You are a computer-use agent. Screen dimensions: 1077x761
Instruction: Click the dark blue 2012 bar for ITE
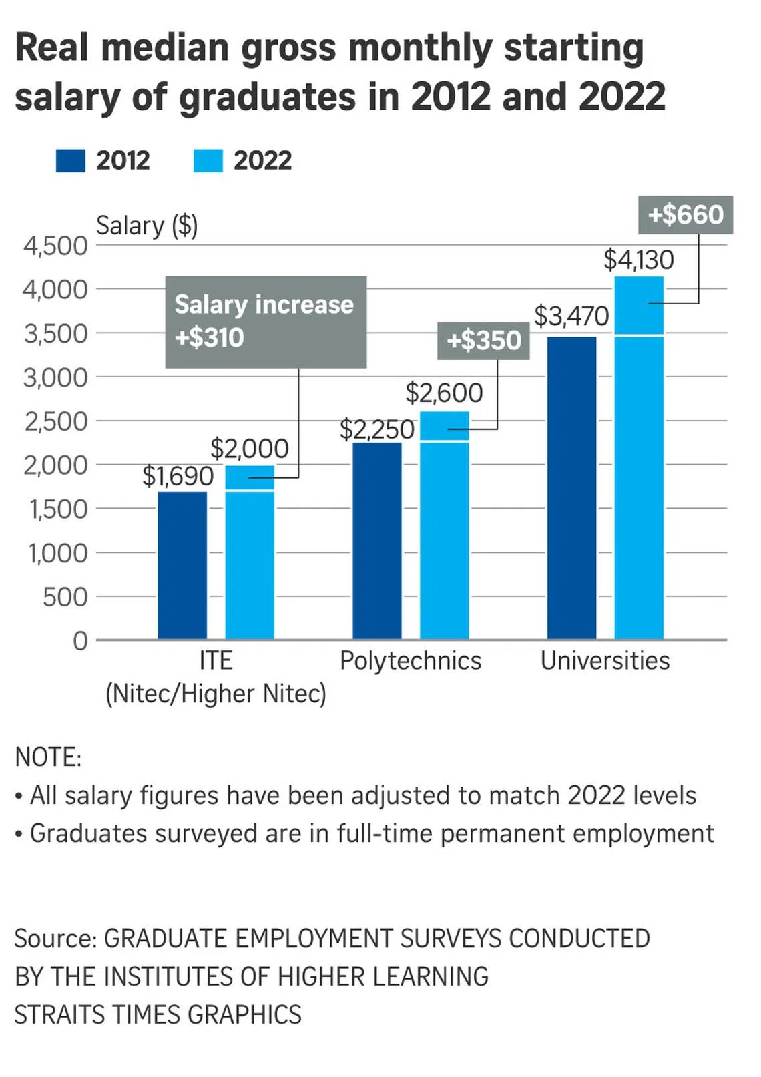(182, 566)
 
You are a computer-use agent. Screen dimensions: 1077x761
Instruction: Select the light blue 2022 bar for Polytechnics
(444, 527)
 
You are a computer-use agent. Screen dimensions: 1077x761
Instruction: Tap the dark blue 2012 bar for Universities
(571, 487)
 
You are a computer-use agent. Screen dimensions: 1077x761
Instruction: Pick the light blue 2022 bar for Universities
(639, 461)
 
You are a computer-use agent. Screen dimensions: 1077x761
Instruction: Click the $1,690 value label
(178, 476)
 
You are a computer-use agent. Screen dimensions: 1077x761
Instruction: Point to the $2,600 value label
(444, 393)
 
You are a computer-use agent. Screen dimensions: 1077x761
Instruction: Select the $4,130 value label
(639, 260)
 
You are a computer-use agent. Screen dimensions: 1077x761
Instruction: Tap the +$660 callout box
(686, 214)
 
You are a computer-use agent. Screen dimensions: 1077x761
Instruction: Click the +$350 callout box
(483, 341)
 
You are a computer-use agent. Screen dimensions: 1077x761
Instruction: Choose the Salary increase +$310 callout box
(266, 321)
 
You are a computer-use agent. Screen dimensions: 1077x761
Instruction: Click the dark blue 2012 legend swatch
(70, 161)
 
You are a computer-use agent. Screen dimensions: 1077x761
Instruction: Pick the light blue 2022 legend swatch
(208, 161)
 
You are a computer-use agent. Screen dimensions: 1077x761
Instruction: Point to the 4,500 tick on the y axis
(55, 246)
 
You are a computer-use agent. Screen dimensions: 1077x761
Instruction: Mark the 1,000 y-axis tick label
(57, 553)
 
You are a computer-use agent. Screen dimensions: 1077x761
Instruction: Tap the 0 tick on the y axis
(80, 641)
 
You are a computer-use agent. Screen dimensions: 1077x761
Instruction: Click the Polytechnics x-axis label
(411, 660)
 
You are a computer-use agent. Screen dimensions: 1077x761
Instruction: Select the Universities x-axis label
(605, 660)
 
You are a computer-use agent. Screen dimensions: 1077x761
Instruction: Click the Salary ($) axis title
(147, 226)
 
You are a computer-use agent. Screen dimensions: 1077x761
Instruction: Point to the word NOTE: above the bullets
(48, 757)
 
